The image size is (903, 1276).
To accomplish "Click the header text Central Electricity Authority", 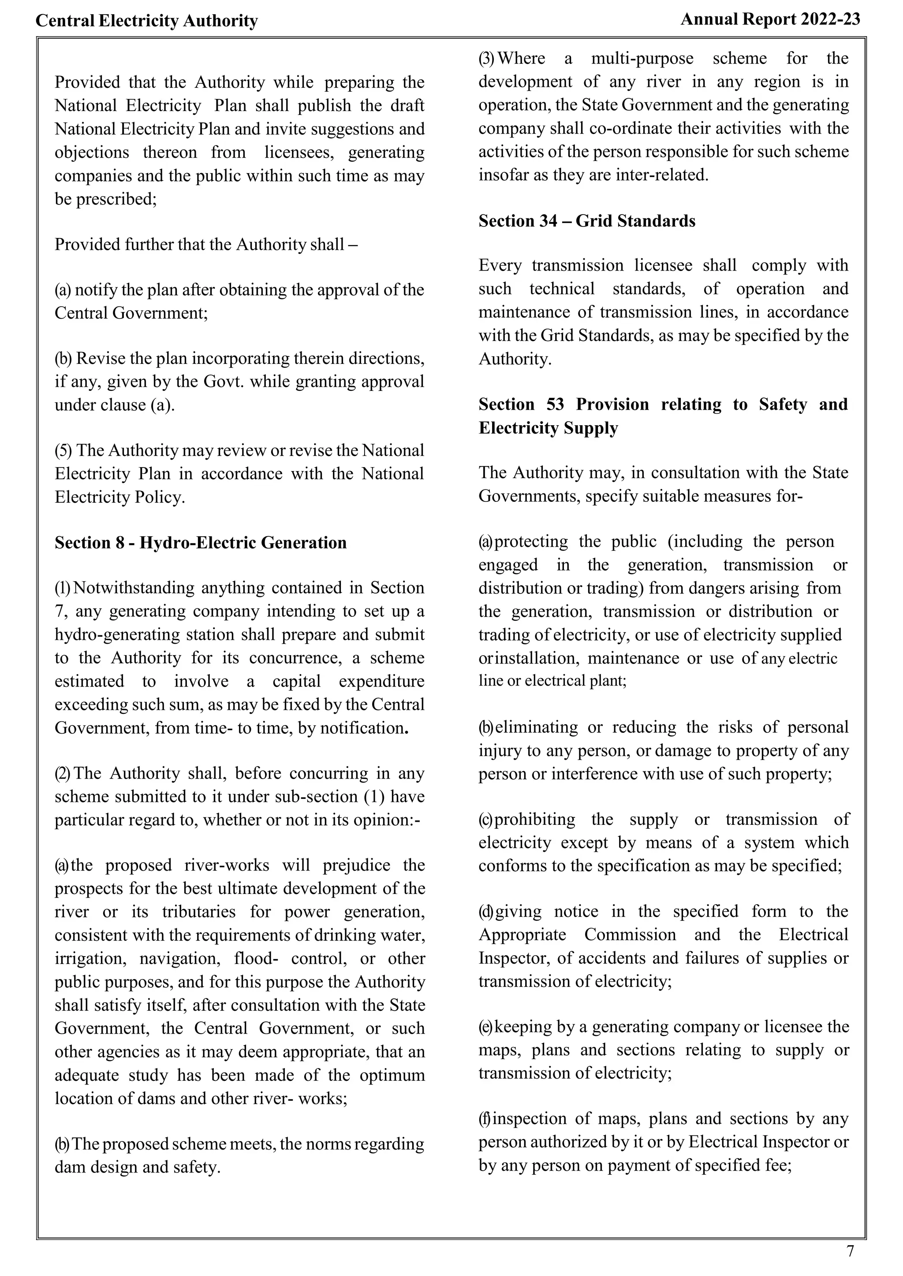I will click(x=147, y=21).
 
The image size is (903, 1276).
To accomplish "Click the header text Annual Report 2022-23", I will click(x=770, y=19).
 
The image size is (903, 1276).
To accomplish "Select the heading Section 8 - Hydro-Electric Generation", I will click(x=200, y=542).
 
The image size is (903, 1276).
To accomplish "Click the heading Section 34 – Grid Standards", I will click(x=586, y=221).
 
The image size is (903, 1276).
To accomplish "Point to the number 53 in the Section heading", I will click(x=555, y=404).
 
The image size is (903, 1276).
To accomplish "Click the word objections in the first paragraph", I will click(x=91, y=152).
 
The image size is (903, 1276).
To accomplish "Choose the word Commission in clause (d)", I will click(x=630, y=935).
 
